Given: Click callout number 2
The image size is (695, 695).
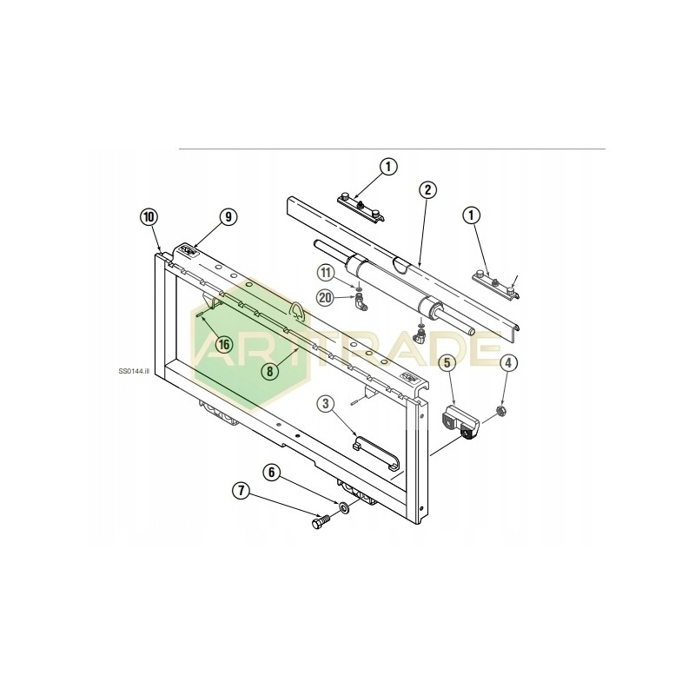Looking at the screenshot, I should (427, 189).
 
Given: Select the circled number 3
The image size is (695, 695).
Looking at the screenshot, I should (325, 403).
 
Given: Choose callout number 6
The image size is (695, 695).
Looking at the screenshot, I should (272, 473).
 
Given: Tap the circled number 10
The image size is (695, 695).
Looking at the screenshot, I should (149, 215).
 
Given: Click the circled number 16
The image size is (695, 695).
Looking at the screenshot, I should (224, 344).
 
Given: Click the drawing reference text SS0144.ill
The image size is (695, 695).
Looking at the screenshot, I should (135, 369).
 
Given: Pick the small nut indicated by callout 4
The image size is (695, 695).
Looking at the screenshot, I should (501, 408).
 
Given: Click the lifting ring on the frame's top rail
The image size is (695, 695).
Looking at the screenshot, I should (295, 309).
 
